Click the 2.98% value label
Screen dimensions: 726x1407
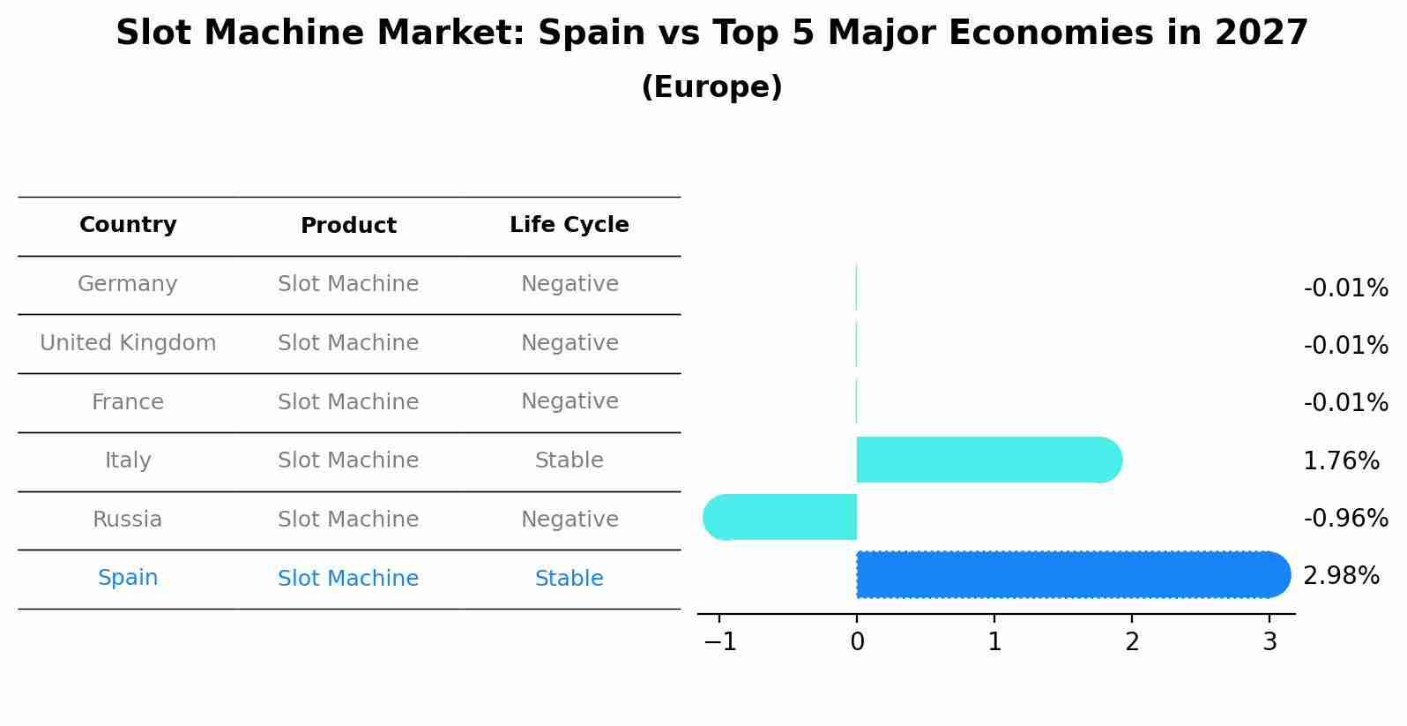[x=1341, y=576]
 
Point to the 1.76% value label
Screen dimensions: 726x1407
[x=1341, y=460]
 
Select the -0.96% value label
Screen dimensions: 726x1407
[x=1345, y=518]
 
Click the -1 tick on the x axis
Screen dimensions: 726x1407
[x=720, y=642]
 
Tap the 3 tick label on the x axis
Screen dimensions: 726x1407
[x=1269, y=642]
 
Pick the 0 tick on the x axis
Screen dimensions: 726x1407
[x=857, y=642]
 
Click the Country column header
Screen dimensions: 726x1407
[x=128, y=225]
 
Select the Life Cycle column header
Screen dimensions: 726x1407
[x=569, y=225]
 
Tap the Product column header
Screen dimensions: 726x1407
[x=348, y=226]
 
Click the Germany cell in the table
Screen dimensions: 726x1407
[x=128, y=284]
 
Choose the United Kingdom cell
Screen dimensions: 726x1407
[x=128, y=343]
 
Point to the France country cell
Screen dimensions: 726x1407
[x=128, y=402]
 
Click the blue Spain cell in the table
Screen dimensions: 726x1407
[x=128, y=578]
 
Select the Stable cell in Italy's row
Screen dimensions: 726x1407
[x=569, y=460]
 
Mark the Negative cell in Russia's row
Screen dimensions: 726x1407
[x=569, y=520]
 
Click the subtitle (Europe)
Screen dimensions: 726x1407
[x=711, y=87]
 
